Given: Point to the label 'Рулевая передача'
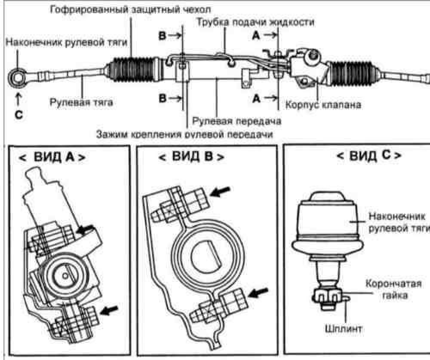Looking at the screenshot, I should pyautogui.click(x=236, y=121).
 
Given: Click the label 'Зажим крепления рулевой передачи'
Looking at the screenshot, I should pyautogui.click(x=185, y=134).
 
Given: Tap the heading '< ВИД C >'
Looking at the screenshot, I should pyautogui.click(x=369, y=155).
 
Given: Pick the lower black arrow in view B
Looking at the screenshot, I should pyautogui.click(x=257, y=293).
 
